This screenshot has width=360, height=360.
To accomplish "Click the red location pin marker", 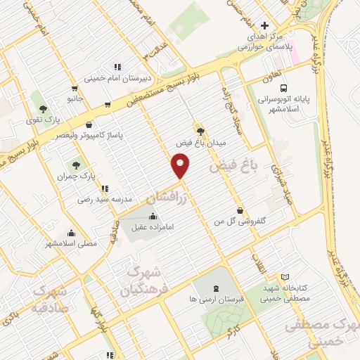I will [181, 166].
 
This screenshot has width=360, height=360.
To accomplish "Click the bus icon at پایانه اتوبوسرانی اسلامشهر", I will [283, 89].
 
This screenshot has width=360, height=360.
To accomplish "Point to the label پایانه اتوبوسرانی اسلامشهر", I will [283, 105].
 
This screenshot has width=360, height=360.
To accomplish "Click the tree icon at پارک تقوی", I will [44, 109].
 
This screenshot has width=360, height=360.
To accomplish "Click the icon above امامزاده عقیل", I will [153, 214].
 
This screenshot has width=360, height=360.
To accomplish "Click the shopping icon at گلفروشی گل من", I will [241, 210].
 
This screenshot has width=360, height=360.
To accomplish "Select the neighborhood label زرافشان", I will [169, 193].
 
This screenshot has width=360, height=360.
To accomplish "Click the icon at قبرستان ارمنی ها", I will [215, 288].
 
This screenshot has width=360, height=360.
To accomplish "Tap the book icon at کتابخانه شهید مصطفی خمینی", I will [284, 277].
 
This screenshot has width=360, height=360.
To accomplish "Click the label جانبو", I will [75, 98].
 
